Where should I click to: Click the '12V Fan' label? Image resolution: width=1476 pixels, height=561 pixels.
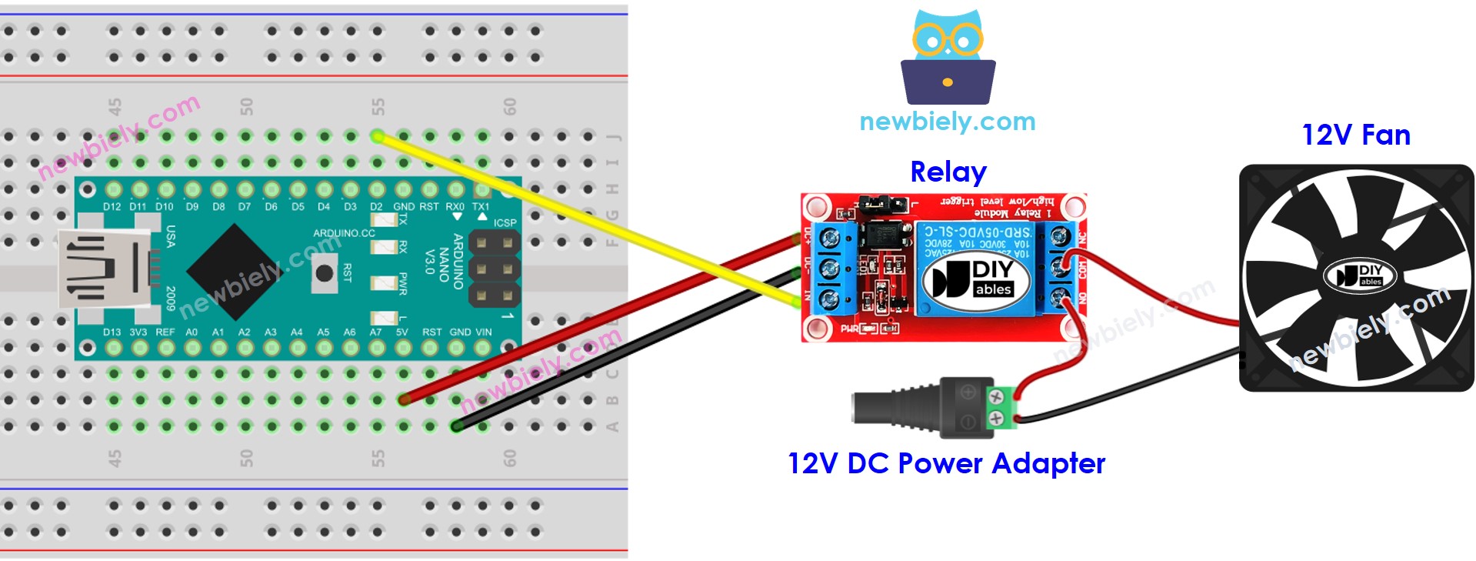point(1355,135)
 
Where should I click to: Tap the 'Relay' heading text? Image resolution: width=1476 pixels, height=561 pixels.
point(948,172)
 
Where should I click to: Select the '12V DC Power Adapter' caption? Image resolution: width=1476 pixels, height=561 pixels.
point(946,463)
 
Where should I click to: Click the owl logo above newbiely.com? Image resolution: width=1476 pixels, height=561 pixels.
point(948,58)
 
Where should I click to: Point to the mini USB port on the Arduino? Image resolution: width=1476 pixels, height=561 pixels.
point(96,269)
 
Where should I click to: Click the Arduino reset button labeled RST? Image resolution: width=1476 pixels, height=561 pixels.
point(325,272)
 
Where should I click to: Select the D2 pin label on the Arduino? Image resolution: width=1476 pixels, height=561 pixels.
point(376,206)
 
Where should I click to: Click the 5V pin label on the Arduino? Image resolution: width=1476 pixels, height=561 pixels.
point(401,332)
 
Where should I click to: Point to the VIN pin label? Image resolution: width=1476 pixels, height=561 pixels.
point(483,332)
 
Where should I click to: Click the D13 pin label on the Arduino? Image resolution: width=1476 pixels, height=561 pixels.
point(112,332)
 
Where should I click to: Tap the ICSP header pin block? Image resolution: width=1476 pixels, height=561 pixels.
point(494,269)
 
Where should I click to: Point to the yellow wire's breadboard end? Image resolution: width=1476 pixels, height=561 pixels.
point(377,136)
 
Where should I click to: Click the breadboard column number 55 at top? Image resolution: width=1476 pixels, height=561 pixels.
point(378,106)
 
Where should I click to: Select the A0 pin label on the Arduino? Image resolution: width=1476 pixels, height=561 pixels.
point(192,332)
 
